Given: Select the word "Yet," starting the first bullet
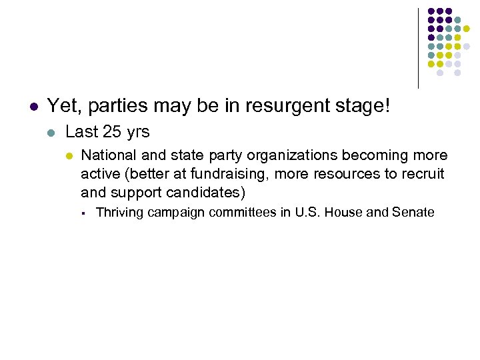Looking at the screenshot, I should [63, 105].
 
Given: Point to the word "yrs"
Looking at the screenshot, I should [137, 133].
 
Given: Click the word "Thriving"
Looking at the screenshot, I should [119, 213].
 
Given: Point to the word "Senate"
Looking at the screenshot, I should [413, 213].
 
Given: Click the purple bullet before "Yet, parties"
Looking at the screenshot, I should [32, 106].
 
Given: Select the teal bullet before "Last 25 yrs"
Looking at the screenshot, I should [51, 133].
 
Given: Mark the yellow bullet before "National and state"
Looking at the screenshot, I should [68, 156].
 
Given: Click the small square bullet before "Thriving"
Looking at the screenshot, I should [83, 213].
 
